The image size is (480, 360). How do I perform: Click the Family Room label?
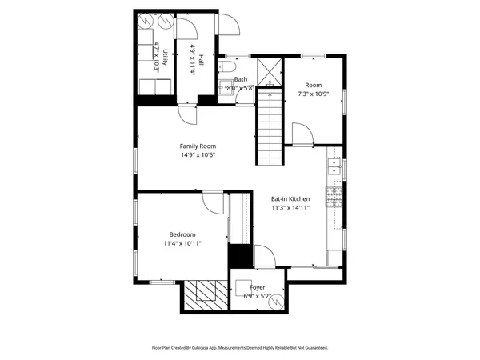[198, 146]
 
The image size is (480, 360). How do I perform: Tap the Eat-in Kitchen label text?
[290, 198]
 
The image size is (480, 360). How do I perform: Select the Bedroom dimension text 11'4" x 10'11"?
[182, 243]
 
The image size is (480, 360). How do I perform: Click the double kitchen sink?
[335, 167]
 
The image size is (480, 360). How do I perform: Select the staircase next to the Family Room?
[270, 128]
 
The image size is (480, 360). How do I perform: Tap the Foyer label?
[258, 287]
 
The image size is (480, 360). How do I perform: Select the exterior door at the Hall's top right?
[227, 26]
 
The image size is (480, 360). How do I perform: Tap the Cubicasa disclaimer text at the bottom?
[240, 348]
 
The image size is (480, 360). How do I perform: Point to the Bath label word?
[241, 79]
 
